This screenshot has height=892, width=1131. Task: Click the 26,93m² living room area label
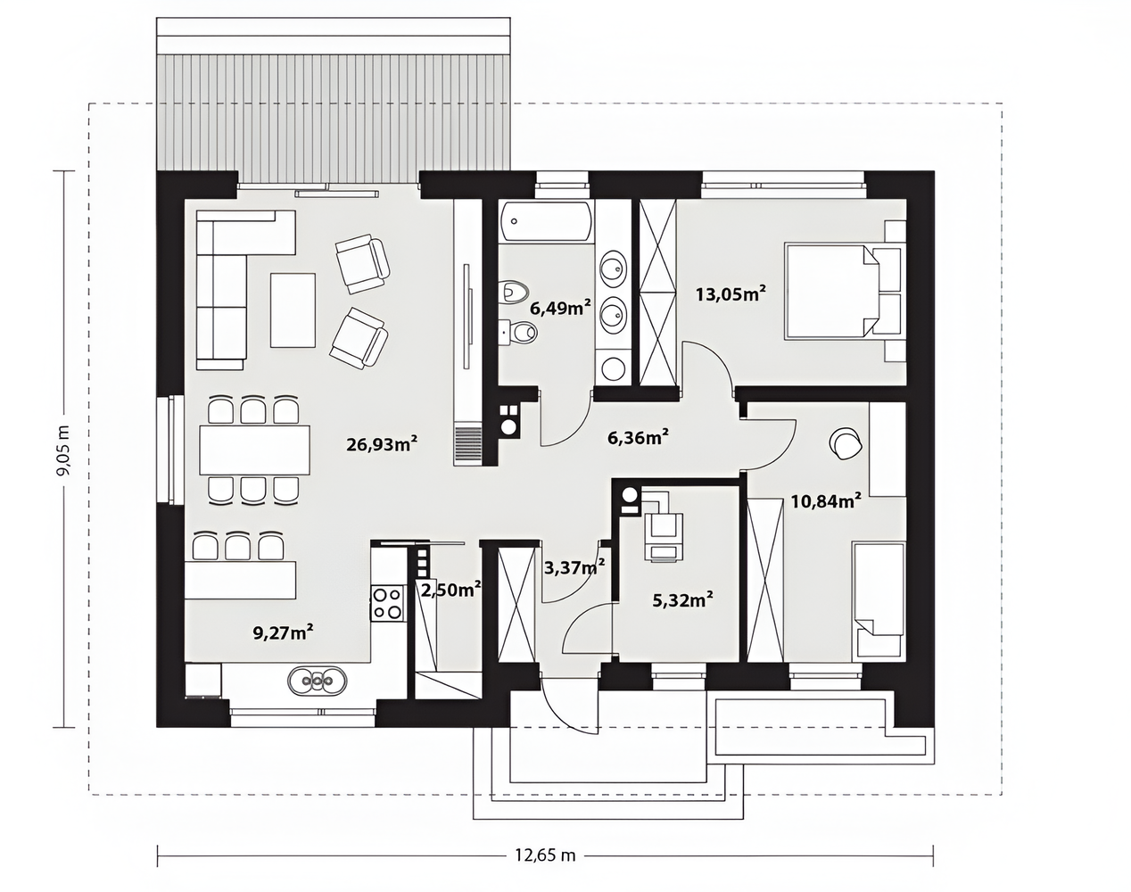pyautogui.click(x=382, y=444)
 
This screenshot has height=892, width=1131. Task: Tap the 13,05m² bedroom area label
pyautogui.click(x=731, y=293)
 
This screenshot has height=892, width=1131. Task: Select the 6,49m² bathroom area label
pyautogui.click(x=560, y=308)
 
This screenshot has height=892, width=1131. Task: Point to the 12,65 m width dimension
pyautogui.click(x=545, y=855)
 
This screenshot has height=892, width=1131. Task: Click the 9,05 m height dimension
pyautogui.click(x=63, y=450)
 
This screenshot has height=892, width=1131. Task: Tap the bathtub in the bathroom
pyautogui.click(x=546, y=222)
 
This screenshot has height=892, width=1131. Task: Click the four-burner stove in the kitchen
pyautogui.click(x=387, y=602)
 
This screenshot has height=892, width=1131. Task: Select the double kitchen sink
pyautogui.click(x=317, y=681)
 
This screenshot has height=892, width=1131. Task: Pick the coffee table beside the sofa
pyautogui.click(x=293, y=310)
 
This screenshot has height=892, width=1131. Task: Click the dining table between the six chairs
pyautogui.click(x=254, y=450)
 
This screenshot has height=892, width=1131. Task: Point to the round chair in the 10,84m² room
pyautogui.click(x=846, y=444)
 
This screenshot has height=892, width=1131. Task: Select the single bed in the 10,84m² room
pyautogui.click(x=879, y=600)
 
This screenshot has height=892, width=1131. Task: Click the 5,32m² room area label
pyautogui.click(x=682, y=599)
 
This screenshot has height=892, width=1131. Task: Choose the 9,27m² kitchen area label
pyautogui.click(x=284, y=632)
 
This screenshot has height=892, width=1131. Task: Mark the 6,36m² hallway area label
pyautogui.click(x=638, y=437)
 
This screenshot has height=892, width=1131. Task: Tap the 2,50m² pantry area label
pyautogui.click(x=451, y=590)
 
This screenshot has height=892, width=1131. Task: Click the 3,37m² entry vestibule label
pyautogui.click(x=574, y=566)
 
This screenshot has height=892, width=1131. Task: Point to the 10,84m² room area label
pyautogui.click(x=826, y=501)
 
